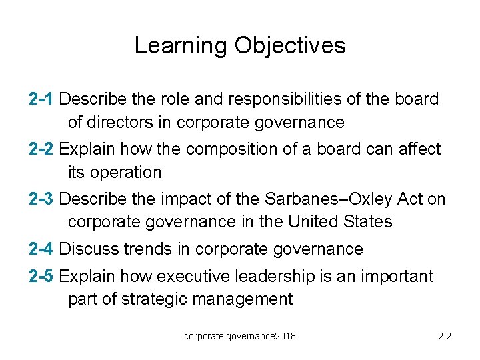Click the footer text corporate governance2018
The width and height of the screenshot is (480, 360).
pyautogui.click(x=240, y=336)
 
